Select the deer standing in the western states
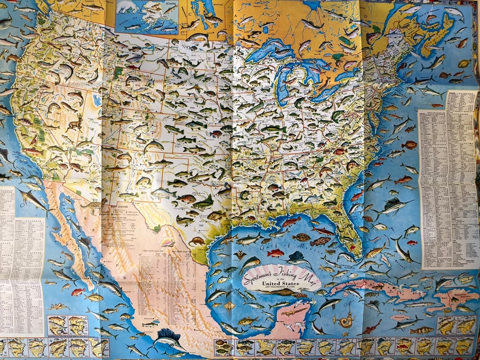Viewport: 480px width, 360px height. click(76, 124)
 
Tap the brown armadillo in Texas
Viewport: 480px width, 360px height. click(197, 240)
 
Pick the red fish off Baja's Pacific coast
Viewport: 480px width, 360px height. click(77, 292)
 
